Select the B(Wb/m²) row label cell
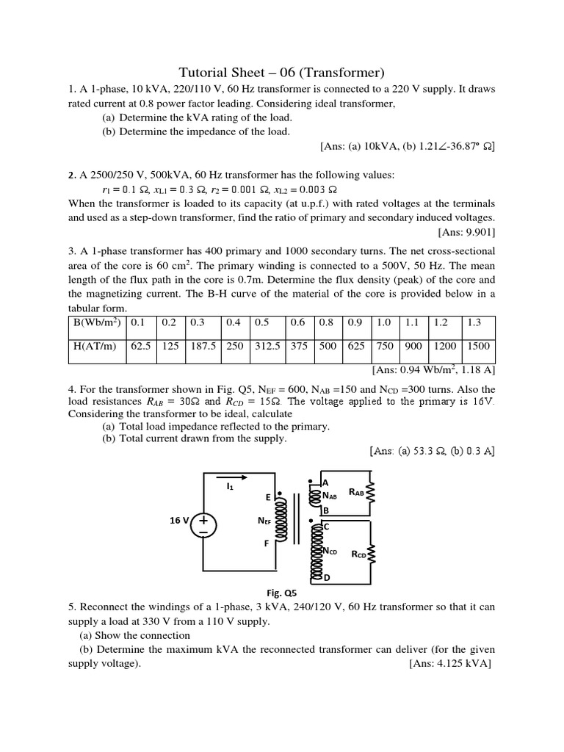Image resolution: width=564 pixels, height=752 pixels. [97, 322]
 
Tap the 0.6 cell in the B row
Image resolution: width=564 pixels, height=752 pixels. [297, 322]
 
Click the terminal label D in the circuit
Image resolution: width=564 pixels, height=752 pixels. [326, 579]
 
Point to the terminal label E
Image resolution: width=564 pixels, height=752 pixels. [269, 497]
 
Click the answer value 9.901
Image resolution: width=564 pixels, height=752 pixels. [476, 233]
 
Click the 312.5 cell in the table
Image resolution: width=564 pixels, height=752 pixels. [267, 346]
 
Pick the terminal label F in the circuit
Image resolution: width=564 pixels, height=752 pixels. [267, 544]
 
